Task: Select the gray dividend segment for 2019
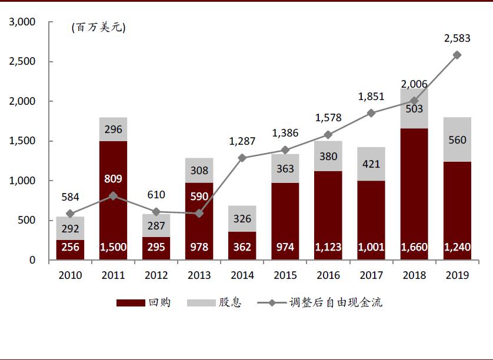pyautogui.click(x=457, y=139)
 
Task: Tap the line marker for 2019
pyautogui.click(x=457, y=55)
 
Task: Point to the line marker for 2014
pyautogui.click(x=242, y=158)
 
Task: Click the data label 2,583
pyautogui.click(x=457, y=39)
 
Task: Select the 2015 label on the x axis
pyautogui.click(x=285, y=275)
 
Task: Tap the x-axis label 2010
pyautogui.click(x=71, y=275)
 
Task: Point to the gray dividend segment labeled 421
pyautogui.click(x=371, y=164)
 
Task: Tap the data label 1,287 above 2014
pyautogui.click(x=242, y=141)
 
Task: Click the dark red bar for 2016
pyautogui.click(x=328, y=215)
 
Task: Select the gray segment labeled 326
pyautogui.click(x=242, y=219)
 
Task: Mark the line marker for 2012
pyautogui.click(x=156, y=211)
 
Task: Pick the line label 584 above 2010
pyautogui.click(x=71, y=197)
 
